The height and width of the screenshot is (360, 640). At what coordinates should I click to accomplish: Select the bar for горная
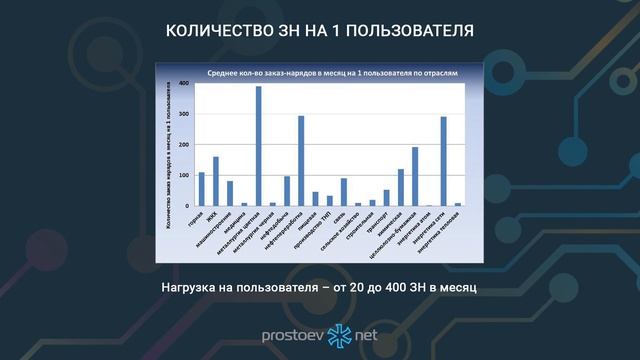click(x=201, y=189)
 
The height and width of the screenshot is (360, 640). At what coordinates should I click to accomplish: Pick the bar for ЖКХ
click(x=215, y=181)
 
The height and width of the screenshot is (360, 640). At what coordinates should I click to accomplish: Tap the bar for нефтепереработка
click(x=301, y=161)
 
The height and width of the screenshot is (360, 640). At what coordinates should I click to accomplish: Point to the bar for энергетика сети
click(x=443, y=161)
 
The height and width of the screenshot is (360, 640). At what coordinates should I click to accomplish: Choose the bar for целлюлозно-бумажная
click(x=415, y=176)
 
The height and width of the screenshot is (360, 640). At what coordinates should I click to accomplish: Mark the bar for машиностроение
click(x=230, y=193)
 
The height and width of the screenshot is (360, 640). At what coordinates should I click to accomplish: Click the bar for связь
click(x=344, y=192)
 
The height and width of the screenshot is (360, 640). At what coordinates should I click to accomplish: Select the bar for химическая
click(x=401, y=187)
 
